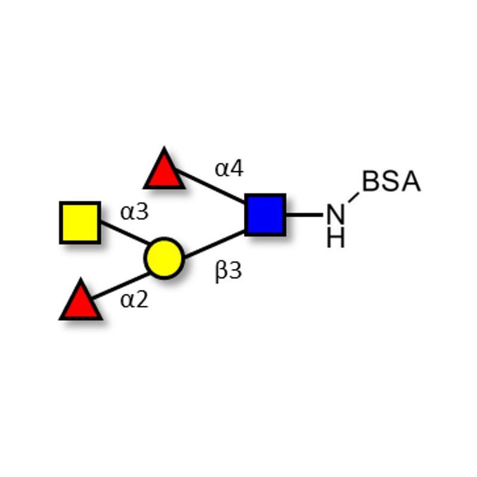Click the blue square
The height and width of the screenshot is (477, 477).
[265, 214]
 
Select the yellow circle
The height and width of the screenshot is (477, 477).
[163, 258]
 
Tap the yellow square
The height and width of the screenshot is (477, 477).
[80, 222]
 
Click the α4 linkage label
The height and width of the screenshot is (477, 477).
[229, 169]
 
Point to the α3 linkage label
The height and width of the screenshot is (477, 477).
[134, 212]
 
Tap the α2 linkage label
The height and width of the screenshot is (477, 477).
[134, 300]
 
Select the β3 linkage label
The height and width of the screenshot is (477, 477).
[228, 272]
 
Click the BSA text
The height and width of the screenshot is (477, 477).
[391, 182]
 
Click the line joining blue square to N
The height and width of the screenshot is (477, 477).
[304, 215]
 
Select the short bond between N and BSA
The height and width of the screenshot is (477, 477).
[354, 197]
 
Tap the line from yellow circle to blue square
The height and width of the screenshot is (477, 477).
[213, 244]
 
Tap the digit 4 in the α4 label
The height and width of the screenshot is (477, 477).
[237, 169]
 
